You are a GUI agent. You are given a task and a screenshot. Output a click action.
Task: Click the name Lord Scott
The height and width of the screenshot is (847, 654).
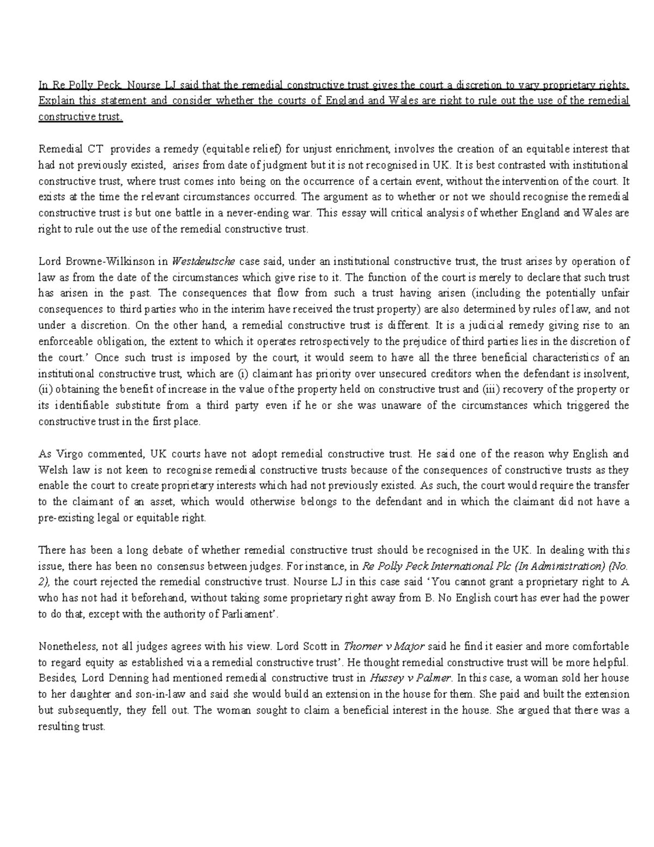tap(302, 646)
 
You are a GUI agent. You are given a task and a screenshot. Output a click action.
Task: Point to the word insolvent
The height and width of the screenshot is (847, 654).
tap(609, 374)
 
